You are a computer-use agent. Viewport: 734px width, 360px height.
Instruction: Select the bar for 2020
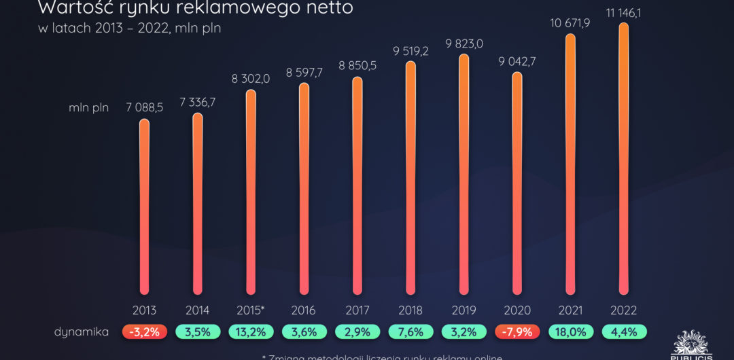tap(517, 183)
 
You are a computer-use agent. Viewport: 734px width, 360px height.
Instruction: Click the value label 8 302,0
tap(251, 78)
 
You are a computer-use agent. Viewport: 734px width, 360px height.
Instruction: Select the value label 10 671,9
tap(570, 24)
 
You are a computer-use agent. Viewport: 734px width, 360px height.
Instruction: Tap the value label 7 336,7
tap(197, 102)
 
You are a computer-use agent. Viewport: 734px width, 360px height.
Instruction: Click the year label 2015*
tap(251, 310)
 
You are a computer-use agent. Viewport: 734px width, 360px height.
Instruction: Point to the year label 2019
tap(464, 310)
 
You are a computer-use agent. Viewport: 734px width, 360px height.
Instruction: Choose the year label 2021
tap(570, 310)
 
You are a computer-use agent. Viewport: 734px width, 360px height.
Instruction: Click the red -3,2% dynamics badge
tap(144, 332)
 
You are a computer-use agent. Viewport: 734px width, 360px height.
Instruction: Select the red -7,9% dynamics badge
tap(517, 332)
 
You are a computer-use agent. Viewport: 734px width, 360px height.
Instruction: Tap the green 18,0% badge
tap(570, 332)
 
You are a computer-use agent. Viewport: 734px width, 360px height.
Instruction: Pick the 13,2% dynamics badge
tap(251, 332)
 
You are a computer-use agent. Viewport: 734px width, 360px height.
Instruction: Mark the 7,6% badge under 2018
tap(410, 332)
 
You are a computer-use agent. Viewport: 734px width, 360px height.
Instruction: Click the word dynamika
tap(82, 332)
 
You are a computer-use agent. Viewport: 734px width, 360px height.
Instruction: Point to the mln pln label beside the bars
tap(88, 107)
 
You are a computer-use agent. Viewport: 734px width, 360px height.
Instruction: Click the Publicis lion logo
tap(693, 343)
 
